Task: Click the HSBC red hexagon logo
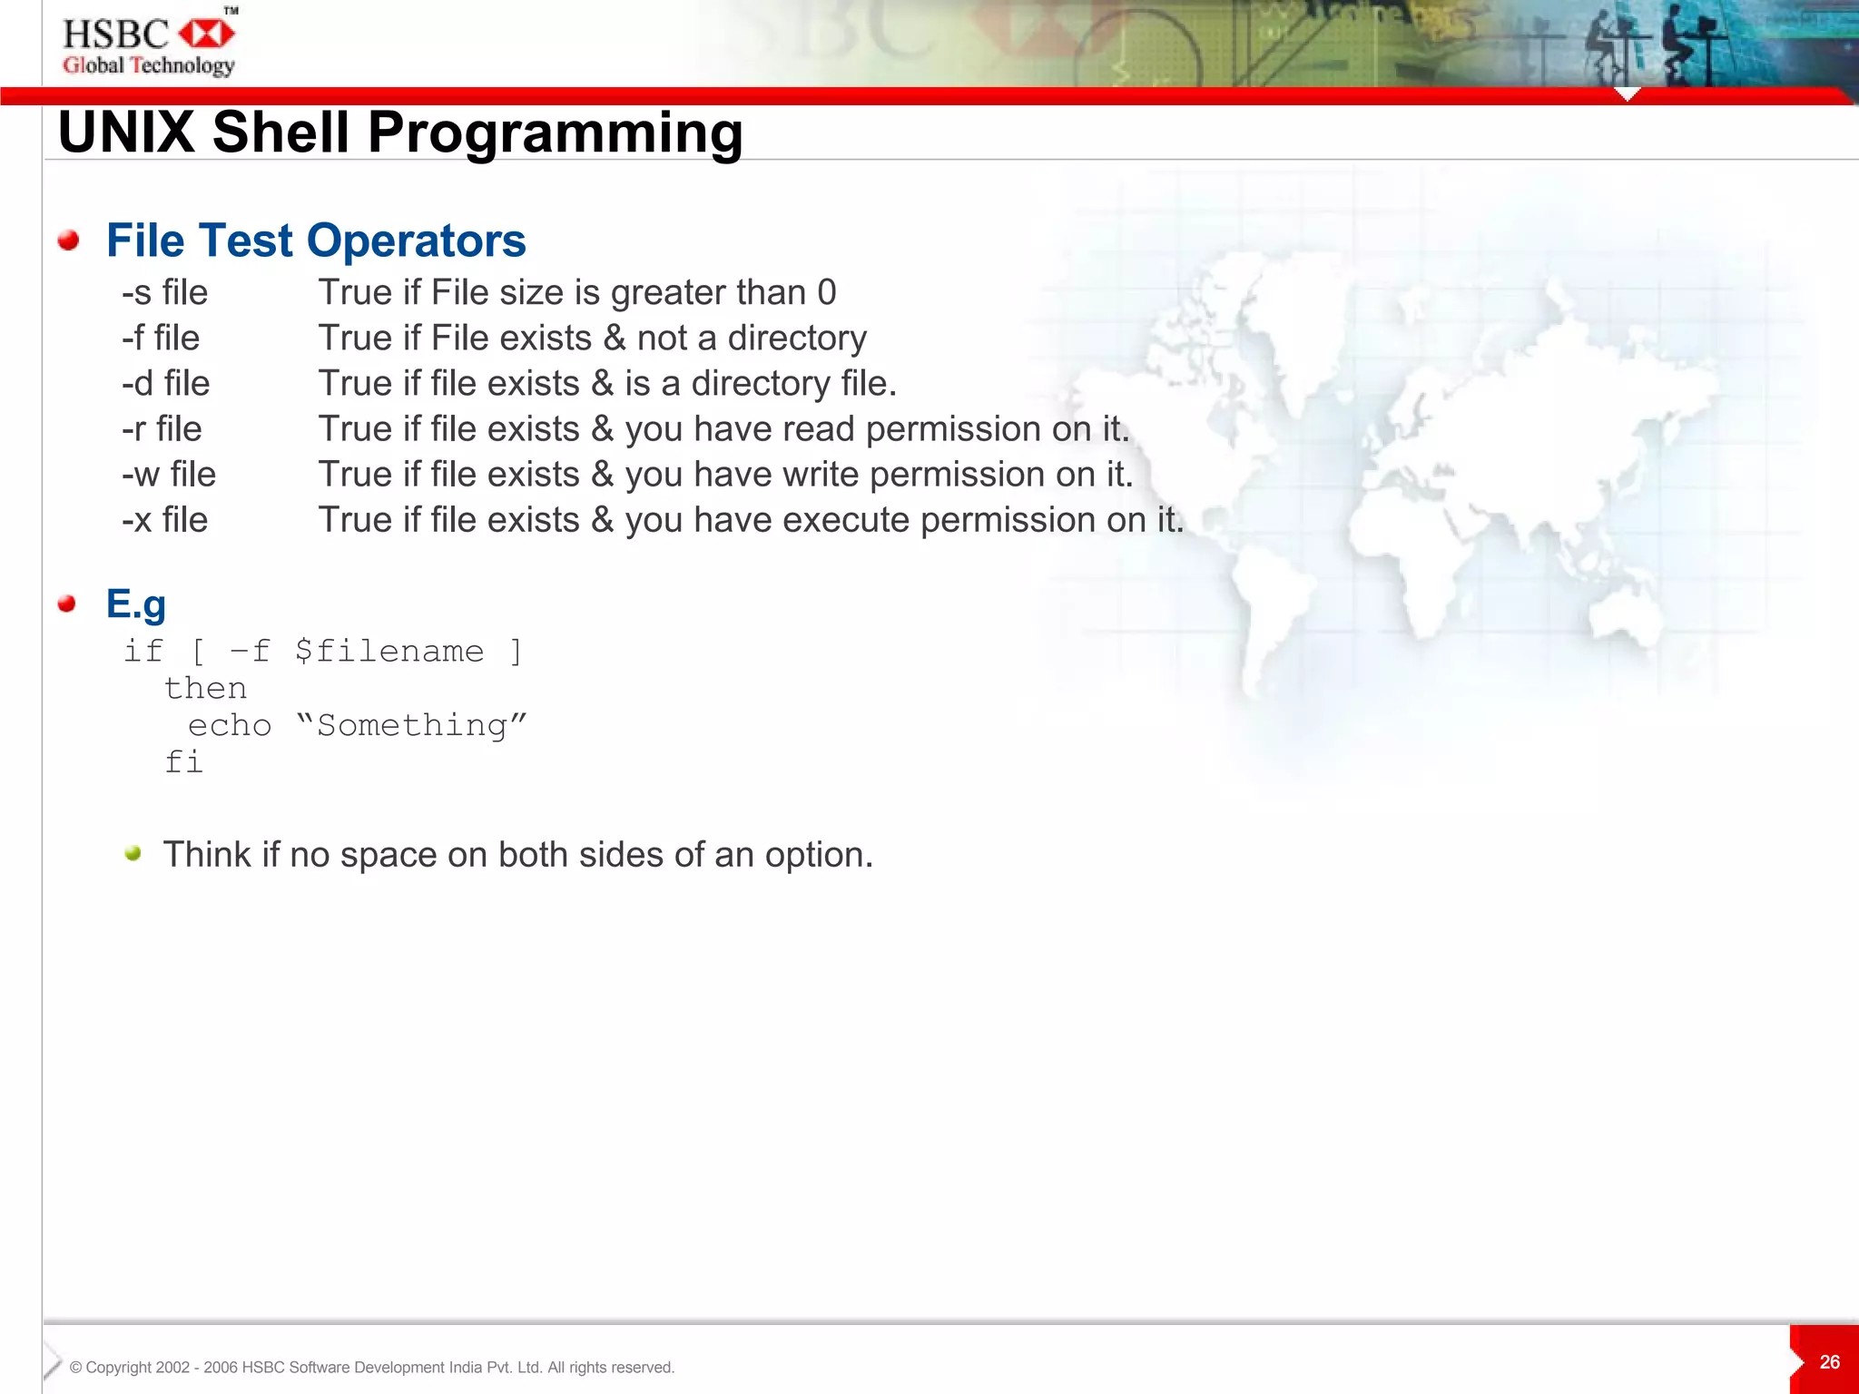click(207, 34)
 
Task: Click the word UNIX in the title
click(126, 133)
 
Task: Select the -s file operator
click(165, 293)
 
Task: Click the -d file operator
click(166, 384)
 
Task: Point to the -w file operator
click(169, 475)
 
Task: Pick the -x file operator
click(165, 520)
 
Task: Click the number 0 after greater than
click(826, 293)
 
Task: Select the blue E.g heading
click(136, 604)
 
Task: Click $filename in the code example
click(389, 652)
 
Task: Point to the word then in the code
click(206, 689)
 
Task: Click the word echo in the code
click(230, 726)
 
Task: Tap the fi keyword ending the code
click(183, 762)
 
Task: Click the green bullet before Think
click(133, 853)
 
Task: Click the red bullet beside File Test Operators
click(68, 241)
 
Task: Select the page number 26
click(1829, 1362)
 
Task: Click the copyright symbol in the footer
click(76, 1368)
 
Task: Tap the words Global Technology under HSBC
click(149, 65)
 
